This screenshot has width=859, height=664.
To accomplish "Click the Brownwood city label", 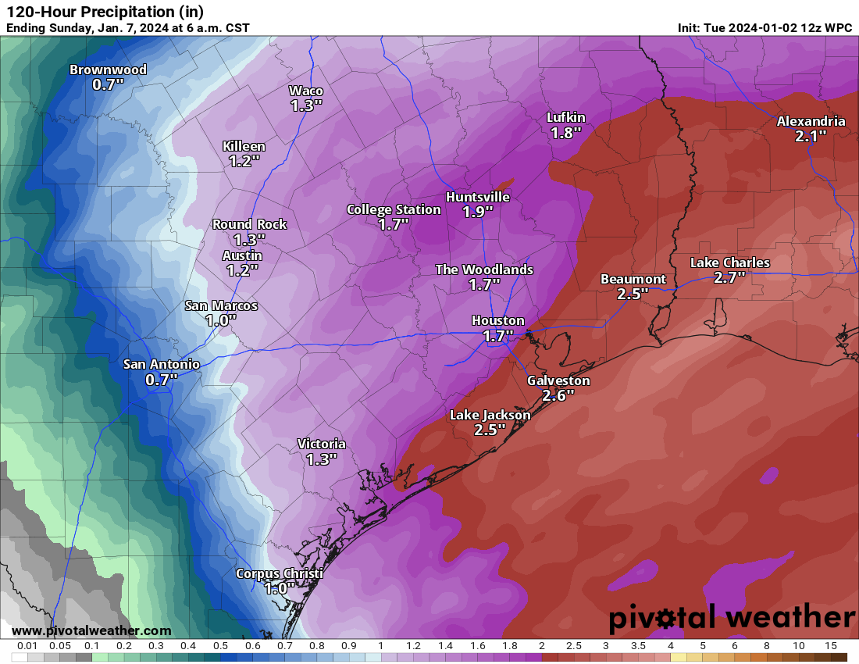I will [108, 70].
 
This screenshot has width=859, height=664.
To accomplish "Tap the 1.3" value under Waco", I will [306, 105].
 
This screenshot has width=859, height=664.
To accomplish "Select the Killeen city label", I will [244, 146].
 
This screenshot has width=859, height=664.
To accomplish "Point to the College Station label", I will [394, 209].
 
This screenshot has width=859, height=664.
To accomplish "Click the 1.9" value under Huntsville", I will [478, 212].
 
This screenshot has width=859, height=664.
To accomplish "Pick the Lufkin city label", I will [566, 118].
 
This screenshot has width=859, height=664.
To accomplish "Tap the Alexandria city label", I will [811, 121].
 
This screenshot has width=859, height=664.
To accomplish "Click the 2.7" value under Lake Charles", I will [729, 277].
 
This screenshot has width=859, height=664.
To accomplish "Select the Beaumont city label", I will [633, 279].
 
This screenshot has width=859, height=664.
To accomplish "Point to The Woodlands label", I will [484, 270].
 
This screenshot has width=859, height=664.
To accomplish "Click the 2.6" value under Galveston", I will [558, 395].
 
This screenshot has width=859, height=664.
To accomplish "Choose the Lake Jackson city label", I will [490, 415].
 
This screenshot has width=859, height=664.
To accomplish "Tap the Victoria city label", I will [321, 444].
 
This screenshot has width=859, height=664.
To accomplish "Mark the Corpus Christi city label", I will [280, 574].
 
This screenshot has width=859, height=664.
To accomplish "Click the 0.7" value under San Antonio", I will [162, 380].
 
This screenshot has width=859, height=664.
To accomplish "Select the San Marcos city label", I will [221, 305].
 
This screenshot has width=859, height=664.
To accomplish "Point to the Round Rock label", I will [250, 224].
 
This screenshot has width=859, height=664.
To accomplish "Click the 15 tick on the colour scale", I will [831, 646].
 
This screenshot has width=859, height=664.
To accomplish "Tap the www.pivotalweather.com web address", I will [91, 630].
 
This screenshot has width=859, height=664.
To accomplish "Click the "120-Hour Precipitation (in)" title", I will [105, 12].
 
